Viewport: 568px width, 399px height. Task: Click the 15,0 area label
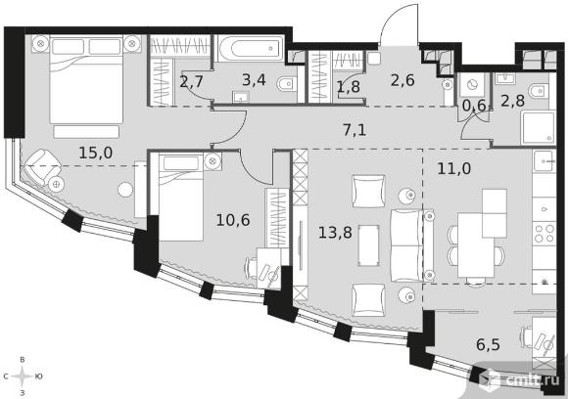pyautogui.click(x=96, y=153)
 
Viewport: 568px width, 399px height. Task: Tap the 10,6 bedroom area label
pyautogui.click(x=233, y=220)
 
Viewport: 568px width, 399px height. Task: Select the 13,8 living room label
pyautogui.click(x=335, y=232)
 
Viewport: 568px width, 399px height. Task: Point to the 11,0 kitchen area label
pyautogui.click(x=454, y=168)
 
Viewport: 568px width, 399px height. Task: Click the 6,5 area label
pyautogui.click(x=489, y=344)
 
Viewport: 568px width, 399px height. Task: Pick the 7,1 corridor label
pyautogui.click(x=355, y=129)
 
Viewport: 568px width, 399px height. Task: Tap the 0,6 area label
pyautogui.click(x=473, y=106)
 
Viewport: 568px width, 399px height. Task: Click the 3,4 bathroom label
pyautogui.click(x=254, y=80)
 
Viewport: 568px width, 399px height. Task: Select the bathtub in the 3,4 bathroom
pyautogui.click(x=250, y=49)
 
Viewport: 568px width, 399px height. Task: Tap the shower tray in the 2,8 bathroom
pyautogui.click(x=538, y=127)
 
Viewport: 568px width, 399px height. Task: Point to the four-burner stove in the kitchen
pyautogui.click(x=544, y=233)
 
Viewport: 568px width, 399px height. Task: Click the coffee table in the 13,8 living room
pyautogui.click(x=369, y=245)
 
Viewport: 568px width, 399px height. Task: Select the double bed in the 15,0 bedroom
pyautogui.click(x=86, y=85)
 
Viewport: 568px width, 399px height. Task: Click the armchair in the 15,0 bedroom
pyautogui.click(x=39, y=167)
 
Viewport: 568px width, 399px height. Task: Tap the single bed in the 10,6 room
pyautogui.click(x=181, y=197)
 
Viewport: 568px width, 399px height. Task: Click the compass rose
pyautogui.click(x=23, y=377)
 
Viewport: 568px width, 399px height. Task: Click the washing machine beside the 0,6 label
pyautogui.click(x=472, y=85)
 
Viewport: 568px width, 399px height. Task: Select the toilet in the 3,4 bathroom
pyautogui.click(x=287, y=85)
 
